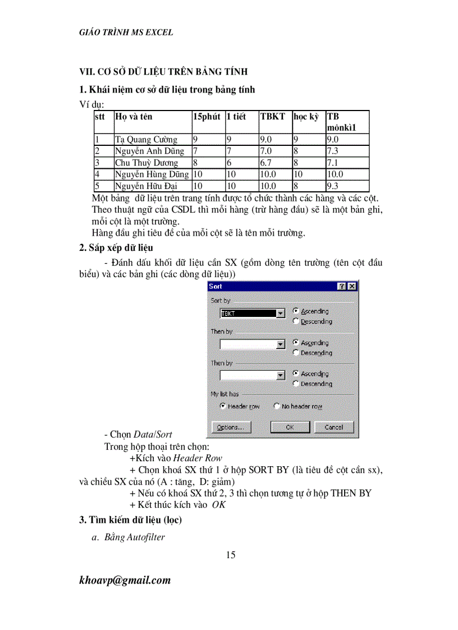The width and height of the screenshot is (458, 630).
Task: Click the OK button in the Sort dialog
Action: coord(290,427)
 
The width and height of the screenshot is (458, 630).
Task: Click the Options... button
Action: coord(230,427)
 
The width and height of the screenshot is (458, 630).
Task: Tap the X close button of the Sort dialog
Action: coord(351,286)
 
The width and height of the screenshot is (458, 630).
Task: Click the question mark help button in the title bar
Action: coord(341,286)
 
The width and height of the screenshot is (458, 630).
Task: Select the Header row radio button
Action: coord(223,406)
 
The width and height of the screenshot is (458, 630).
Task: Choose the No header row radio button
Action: coord(277,406)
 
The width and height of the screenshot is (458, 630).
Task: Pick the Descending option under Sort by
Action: coord(296,321)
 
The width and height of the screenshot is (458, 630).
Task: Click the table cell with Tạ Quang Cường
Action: coord(146,140)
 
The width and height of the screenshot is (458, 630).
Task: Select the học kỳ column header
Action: coord(305,117)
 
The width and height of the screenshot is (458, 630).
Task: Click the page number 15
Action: coord(230,555)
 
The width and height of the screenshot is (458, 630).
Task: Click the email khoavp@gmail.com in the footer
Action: coord(125,580)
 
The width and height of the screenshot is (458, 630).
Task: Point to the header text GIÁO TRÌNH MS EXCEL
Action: coord(126,33)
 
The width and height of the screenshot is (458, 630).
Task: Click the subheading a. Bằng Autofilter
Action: coord(129,537)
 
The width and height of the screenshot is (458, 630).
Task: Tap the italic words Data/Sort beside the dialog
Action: coord(153,434)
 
